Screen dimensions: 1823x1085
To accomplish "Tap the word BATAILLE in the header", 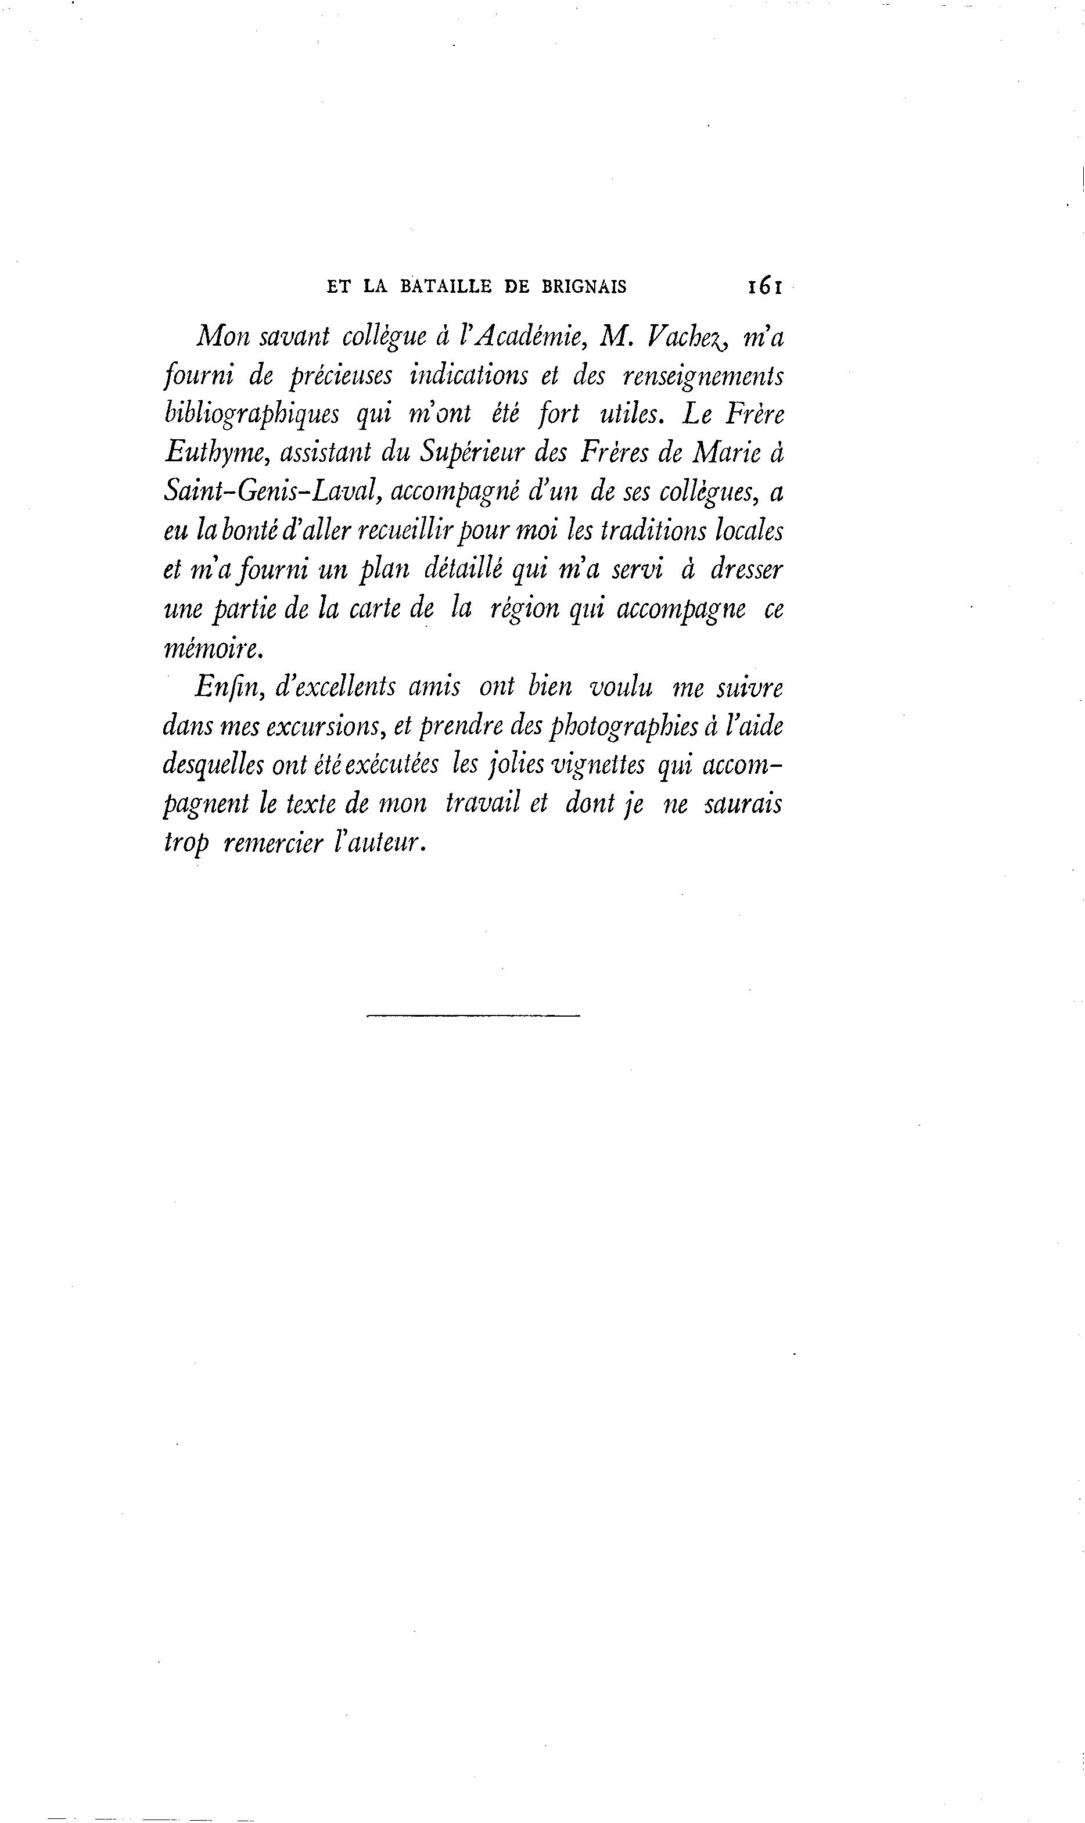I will click(446, 286).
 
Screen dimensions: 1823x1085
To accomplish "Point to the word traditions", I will click(652, 531).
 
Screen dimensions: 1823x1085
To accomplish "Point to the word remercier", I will click(272, 843).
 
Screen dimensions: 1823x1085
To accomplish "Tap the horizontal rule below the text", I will click(472, 1015).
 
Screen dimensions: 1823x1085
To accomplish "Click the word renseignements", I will click(703, 376).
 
